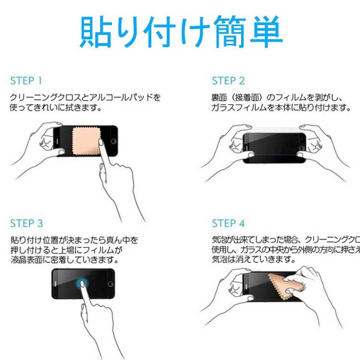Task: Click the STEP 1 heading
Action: click(26, 80)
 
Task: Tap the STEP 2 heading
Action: click(228, 81)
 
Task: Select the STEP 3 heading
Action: click(26, 223)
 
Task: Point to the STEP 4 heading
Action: click(228, 223)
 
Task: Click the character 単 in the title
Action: click(262, 32)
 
